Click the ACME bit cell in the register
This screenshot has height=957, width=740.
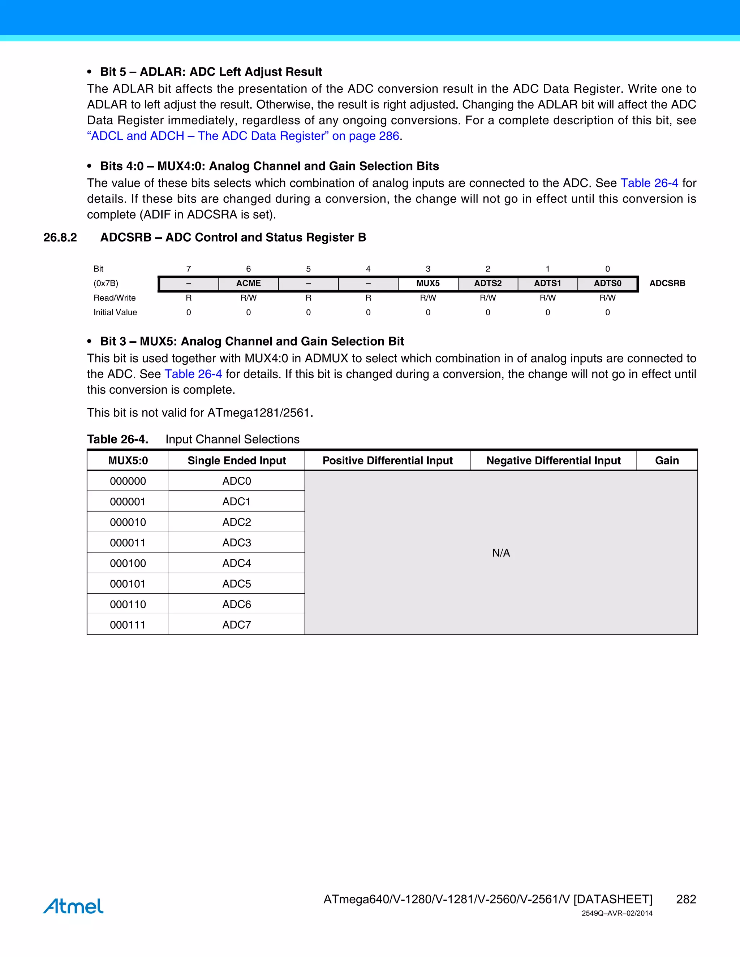249,283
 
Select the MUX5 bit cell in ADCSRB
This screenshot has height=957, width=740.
428,283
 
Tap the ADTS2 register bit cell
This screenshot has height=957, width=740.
487,283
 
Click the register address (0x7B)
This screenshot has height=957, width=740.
106,283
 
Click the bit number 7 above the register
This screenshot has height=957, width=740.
189,269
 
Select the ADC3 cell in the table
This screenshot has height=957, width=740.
237,542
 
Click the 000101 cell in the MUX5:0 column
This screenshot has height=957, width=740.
128,584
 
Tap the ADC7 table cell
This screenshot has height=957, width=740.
237,625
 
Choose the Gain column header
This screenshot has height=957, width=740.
667,460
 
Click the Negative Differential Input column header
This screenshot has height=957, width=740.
553,460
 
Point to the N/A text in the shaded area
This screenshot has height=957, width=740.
501,553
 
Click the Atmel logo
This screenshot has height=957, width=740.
74,906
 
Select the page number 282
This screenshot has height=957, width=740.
686,899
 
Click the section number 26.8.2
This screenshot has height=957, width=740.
60,238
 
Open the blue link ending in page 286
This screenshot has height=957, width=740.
243,136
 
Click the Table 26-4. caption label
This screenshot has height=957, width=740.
117,439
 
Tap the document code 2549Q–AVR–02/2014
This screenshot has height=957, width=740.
617,914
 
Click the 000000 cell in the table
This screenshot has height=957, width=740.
128,481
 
